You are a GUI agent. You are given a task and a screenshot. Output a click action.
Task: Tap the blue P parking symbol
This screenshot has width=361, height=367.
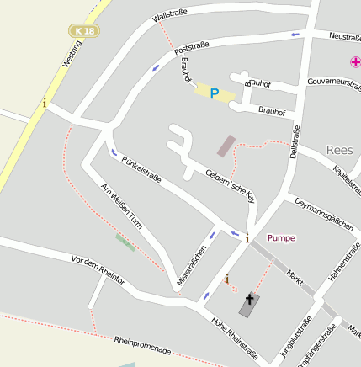click(214, 93)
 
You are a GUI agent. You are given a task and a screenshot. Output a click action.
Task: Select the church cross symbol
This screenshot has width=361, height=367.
click(249, 299)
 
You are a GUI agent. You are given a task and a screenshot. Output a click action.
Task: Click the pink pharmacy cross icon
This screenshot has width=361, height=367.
click(355, 62)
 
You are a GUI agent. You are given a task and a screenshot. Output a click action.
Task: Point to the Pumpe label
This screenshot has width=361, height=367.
click(281, 238)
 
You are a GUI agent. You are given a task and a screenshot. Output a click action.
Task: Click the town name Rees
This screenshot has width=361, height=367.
click(339, 150)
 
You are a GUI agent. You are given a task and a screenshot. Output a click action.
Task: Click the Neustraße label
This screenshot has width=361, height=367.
click(345, 36)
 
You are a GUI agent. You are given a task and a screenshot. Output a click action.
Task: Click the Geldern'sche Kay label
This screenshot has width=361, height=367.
click(230, 184)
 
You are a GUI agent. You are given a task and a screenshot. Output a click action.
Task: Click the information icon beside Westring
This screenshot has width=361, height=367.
click(45, 103)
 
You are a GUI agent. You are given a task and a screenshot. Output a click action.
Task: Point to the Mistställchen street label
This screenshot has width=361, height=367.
click(192, 265)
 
